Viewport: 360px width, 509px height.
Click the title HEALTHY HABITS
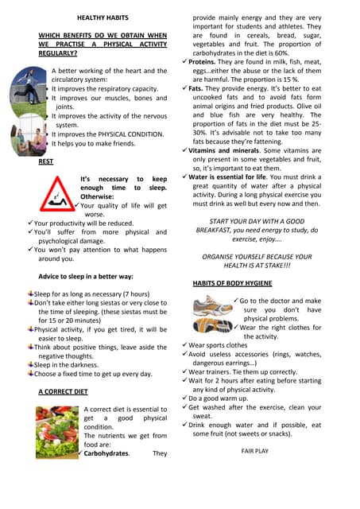pyautogui.click(x=103, y=17)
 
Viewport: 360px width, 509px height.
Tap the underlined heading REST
pyautogui.click(x=46, y=161)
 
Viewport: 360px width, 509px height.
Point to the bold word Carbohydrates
pyautogui.click(x=108, y=454)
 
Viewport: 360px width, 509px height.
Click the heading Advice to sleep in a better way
pyautogui.click(x=86, y=276)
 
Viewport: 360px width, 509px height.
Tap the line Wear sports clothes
pyautogui.click(x=219, y=346)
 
